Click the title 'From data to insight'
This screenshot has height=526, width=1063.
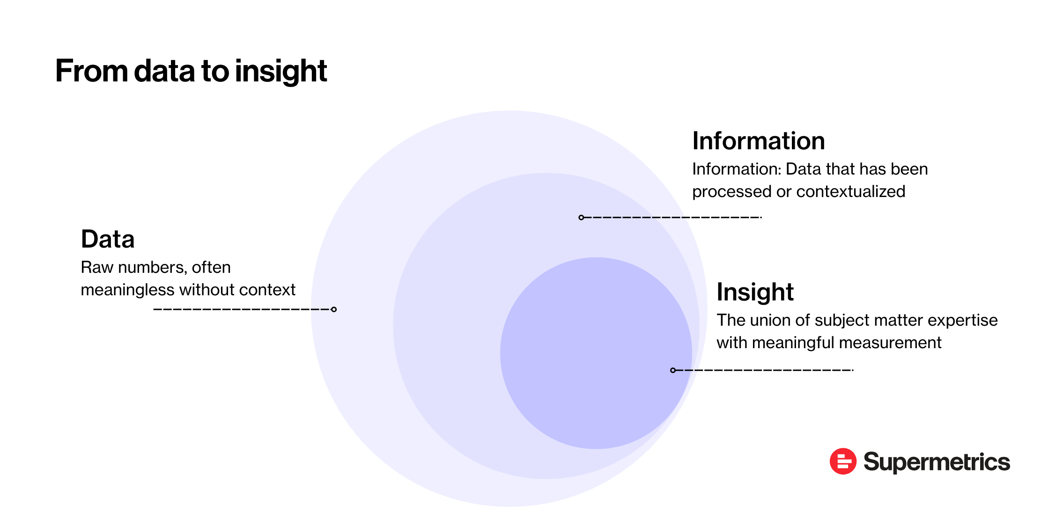point(191,71)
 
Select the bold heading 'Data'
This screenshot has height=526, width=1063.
point(108,239)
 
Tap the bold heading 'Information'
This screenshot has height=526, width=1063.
point(758,141)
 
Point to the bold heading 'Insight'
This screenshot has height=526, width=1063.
point(755,292)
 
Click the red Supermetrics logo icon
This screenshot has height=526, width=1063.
point(843,461)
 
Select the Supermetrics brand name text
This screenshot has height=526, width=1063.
point(937,462)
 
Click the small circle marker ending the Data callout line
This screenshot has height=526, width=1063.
point(334,309)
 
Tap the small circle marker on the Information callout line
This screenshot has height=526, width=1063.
point(581,217)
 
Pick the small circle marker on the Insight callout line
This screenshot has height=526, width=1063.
point(673,370)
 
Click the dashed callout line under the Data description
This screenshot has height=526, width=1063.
point(241,309)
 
